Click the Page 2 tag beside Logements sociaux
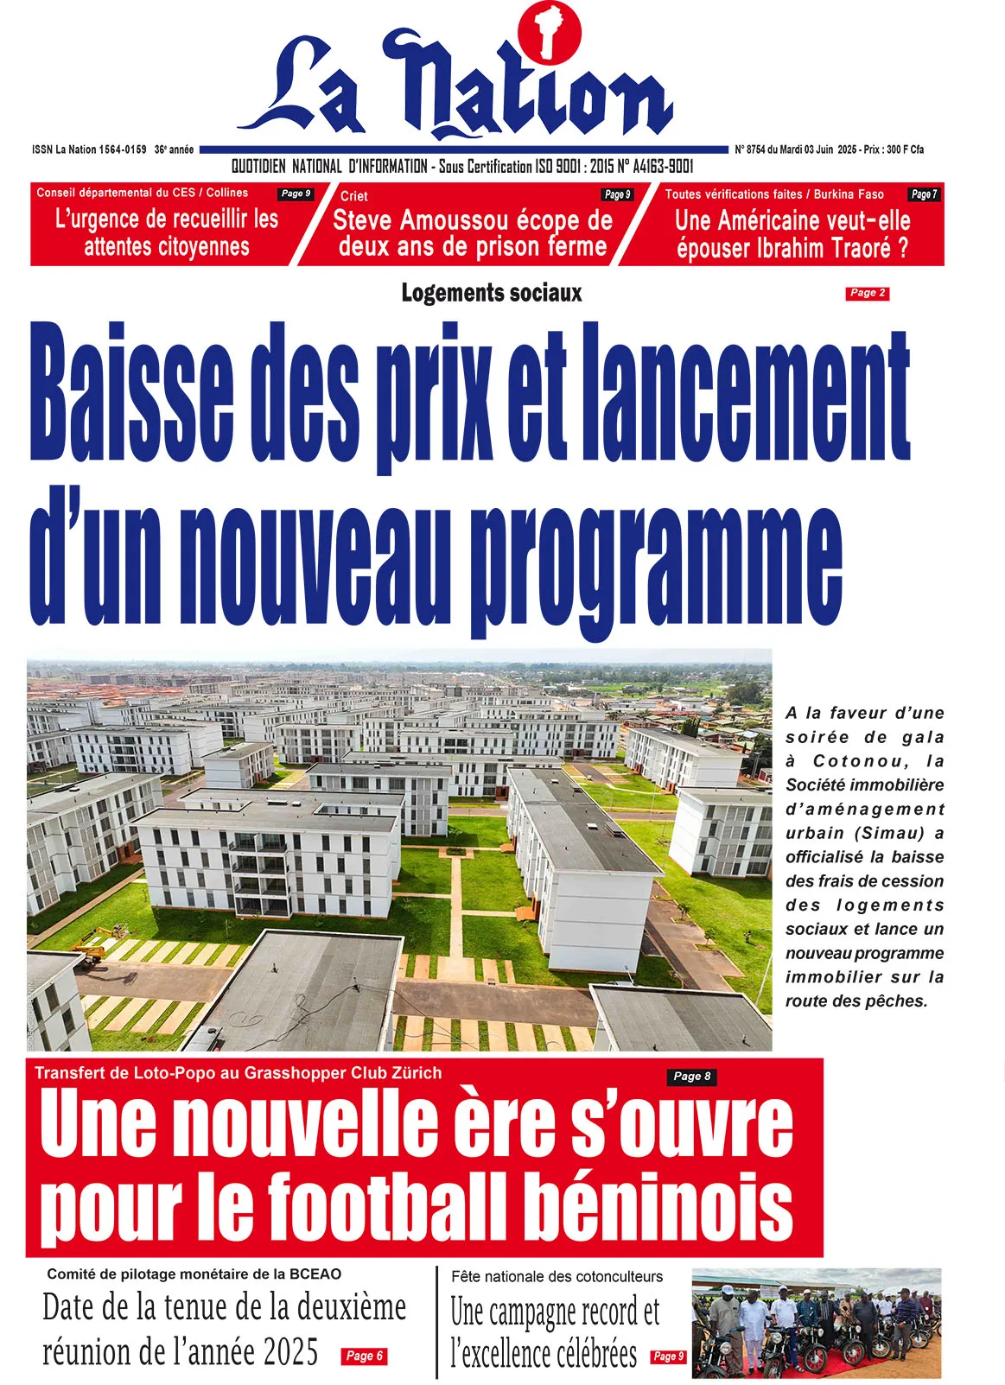[x=867, y=293]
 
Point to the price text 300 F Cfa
[x=905, y=149]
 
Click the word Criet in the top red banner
[x=353, y=196]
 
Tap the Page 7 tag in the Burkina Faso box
[x=923, y=194]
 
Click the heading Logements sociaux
[x=491, y=293]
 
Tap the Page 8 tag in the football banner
[x=691, y=1076]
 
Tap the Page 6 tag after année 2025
[x=364, y=1356]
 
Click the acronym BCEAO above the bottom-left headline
[x=315, y=1274]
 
